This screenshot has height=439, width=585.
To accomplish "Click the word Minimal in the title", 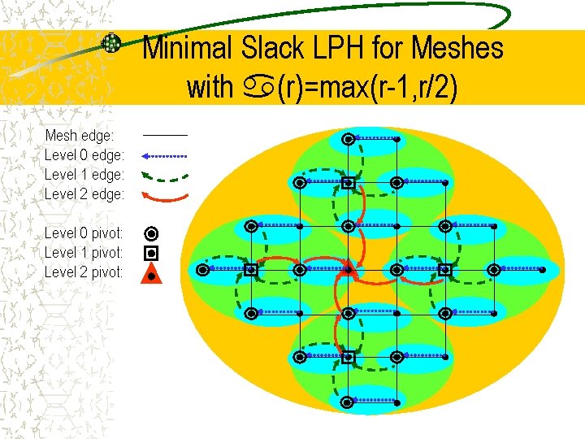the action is point(188,49).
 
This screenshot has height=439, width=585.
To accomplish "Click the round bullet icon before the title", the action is point(111,43).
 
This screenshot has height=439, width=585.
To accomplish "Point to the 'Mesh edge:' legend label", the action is point(80,135).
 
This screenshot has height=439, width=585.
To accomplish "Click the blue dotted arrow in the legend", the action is point(165,154).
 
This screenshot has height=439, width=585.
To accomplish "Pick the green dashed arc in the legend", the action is point(165,174).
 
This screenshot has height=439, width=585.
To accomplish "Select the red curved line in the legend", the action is point(165,195).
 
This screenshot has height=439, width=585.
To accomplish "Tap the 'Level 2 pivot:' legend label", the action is point(84,272).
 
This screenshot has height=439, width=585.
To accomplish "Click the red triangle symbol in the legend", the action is point(151,273).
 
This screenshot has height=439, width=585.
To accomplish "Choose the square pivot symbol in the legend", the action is point(151,253).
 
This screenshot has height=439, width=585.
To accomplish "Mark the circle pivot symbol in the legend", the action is point(151,233).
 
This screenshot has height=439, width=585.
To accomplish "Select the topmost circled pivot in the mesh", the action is point(348,139).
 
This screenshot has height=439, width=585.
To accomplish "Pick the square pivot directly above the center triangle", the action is point(348,183).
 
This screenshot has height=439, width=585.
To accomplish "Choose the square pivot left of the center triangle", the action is point(251,269).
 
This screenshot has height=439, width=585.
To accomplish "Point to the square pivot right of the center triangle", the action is point(444,269).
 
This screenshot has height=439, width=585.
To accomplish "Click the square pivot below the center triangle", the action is point(348,357).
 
